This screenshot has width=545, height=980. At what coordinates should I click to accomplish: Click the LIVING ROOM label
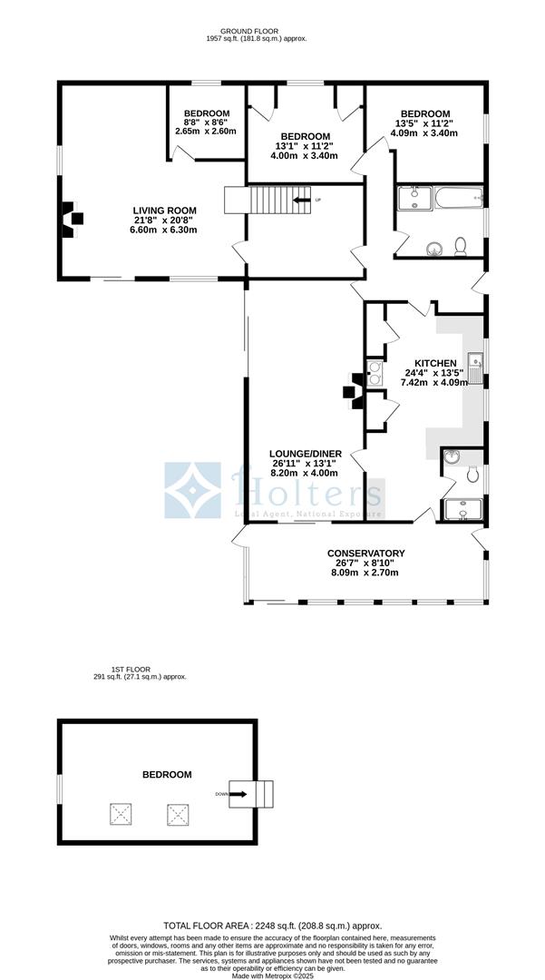click(x=163, y=211)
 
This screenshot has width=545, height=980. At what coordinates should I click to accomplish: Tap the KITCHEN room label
click(x=436, y=363)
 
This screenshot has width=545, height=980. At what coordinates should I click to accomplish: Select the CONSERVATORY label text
click(x=365, y=554)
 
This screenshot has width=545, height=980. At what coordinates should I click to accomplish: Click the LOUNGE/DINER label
click(x=304, y=453)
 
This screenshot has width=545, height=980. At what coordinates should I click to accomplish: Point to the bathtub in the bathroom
click(x=459, y=197)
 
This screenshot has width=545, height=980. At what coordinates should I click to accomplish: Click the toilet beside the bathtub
click(x=462, y=245)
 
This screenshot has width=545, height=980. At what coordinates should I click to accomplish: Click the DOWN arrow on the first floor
click(x=237, y=794)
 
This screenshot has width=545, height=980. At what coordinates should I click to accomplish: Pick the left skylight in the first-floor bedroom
click(x=121, y=814)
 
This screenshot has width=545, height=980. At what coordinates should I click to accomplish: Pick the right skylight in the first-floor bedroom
click(x=177, y=814)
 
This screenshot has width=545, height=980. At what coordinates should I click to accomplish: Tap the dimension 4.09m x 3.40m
click(x=424, y=133)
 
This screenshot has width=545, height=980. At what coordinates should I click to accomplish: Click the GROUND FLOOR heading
click(x=243, y=31)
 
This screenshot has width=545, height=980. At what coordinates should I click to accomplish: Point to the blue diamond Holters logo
click(x=192, y=490)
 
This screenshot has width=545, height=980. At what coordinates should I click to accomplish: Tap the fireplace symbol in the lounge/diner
click(x=349, y=392)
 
